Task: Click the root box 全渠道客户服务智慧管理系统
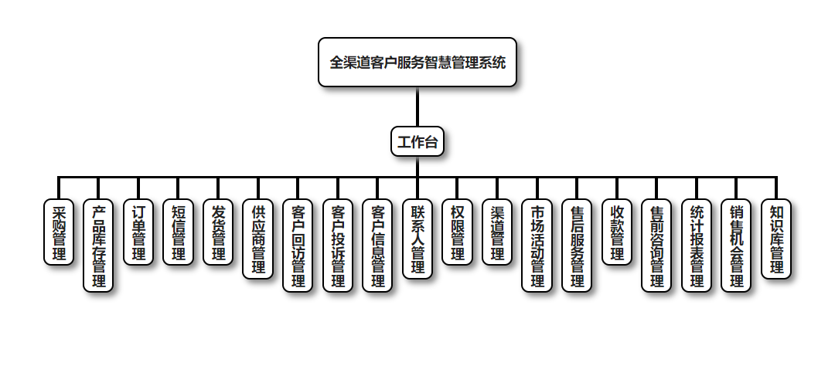tap(417, 63)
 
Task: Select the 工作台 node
tap(417, 141)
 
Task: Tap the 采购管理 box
tap(59, 232)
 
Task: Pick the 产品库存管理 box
tap(98, 246)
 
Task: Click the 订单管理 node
tap(138, 232)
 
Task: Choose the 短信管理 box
tap(178, 232)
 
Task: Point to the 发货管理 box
tap(218, 232)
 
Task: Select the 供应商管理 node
tap(257, 239)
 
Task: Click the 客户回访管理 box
tap(298, 246)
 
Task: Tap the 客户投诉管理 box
tap(338, 246)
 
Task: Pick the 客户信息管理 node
tap(377, 246)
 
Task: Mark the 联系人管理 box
tap(417, 239)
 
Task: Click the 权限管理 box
tap(457, 232)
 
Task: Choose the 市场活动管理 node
tap(537, 246)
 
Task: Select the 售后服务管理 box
tap(577, 246)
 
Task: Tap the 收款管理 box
tap(617, 232)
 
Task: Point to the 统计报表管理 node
tap(697, 246)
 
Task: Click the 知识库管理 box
tap(776, 239)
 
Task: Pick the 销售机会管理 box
tap(736, 246)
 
